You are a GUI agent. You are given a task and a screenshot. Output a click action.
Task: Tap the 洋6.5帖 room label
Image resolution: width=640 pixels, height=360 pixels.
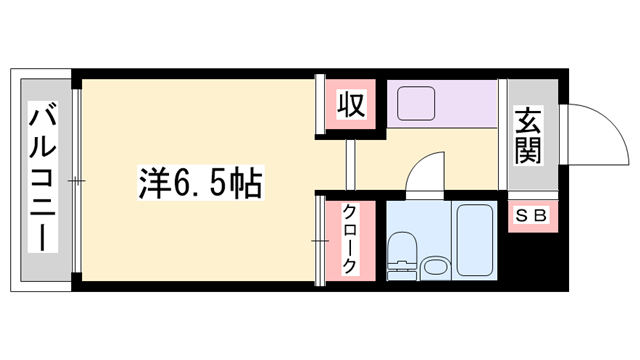click(200, 184)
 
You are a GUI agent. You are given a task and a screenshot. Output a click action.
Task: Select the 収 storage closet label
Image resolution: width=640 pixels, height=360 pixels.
click(350, 103)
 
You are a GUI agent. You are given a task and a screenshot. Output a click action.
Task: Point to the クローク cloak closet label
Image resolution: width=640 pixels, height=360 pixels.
click(351, 239)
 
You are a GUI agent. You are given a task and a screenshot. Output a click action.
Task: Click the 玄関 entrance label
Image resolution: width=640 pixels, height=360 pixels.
click(529, 135)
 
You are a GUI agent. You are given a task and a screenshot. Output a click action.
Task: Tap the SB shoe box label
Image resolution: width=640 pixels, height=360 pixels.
click(529, 215)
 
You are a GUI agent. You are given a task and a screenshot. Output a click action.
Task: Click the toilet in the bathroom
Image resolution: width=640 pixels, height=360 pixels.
click(402, 252)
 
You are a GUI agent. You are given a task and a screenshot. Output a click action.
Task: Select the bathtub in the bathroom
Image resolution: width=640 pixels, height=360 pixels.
click(474, 240)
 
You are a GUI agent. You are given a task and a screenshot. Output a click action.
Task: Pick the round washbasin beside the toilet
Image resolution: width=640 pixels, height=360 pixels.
click(435, 267)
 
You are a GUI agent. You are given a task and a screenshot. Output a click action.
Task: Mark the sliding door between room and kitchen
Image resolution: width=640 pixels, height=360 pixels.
click(351, 165)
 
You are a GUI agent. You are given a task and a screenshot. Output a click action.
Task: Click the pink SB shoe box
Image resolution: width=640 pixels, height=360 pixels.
click(529, 215)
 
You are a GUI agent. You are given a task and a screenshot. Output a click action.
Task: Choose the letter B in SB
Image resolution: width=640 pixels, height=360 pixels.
click(537, 215)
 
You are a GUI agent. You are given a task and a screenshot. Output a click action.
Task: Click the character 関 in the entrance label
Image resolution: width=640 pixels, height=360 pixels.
click(529, 150)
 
